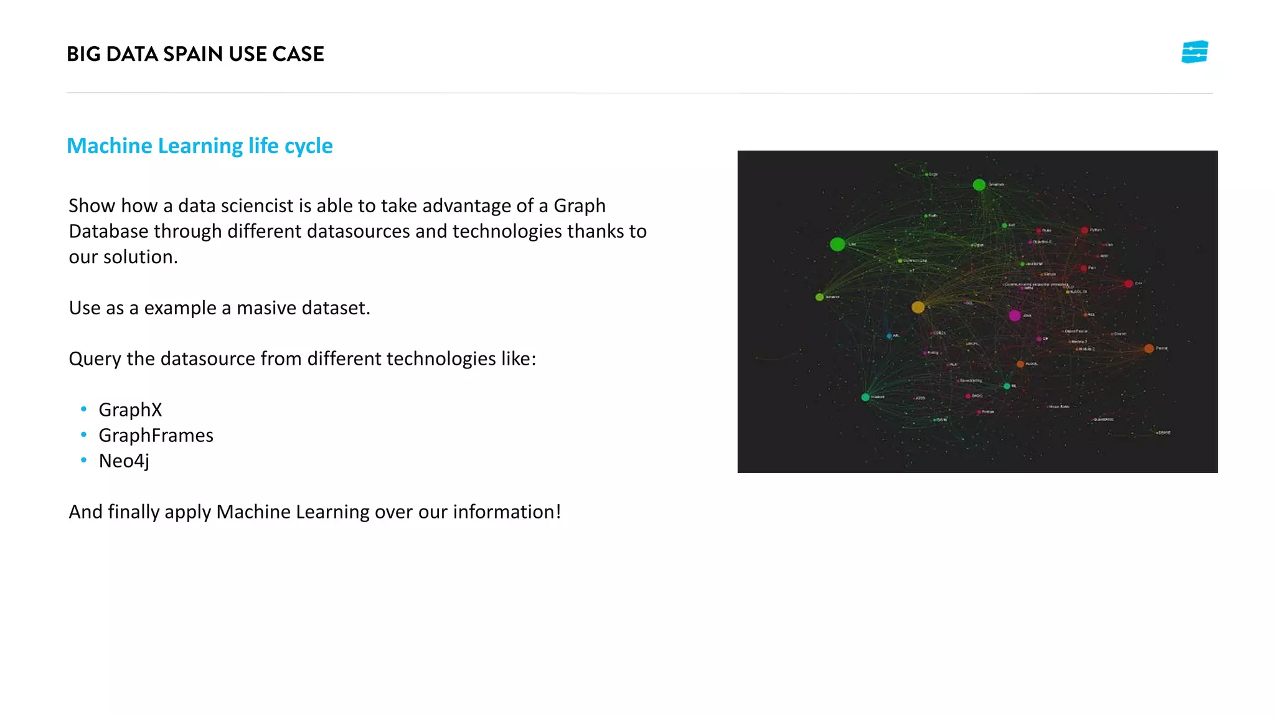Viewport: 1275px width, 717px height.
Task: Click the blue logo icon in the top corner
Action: point(1194,52)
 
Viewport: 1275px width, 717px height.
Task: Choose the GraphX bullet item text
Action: point(130,410)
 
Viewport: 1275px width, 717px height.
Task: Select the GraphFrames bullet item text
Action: point(156,435)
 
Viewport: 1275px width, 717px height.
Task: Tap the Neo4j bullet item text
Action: point(124,461)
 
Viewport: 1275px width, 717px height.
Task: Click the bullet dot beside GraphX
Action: point(83,409)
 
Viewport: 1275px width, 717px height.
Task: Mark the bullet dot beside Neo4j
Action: point(83,460)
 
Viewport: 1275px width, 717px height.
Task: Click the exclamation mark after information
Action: point(558,512)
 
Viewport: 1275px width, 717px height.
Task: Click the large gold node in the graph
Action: point(918,307)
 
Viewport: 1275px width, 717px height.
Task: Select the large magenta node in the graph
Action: point(1015,316)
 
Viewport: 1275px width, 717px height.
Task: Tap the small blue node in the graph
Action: point(889,336)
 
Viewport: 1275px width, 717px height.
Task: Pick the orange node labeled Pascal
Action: point(1149,349)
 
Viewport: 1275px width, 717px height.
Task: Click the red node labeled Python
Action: point(1084,230)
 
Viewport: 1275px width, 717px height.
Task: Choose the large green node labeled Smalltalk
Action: point(979,185)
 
